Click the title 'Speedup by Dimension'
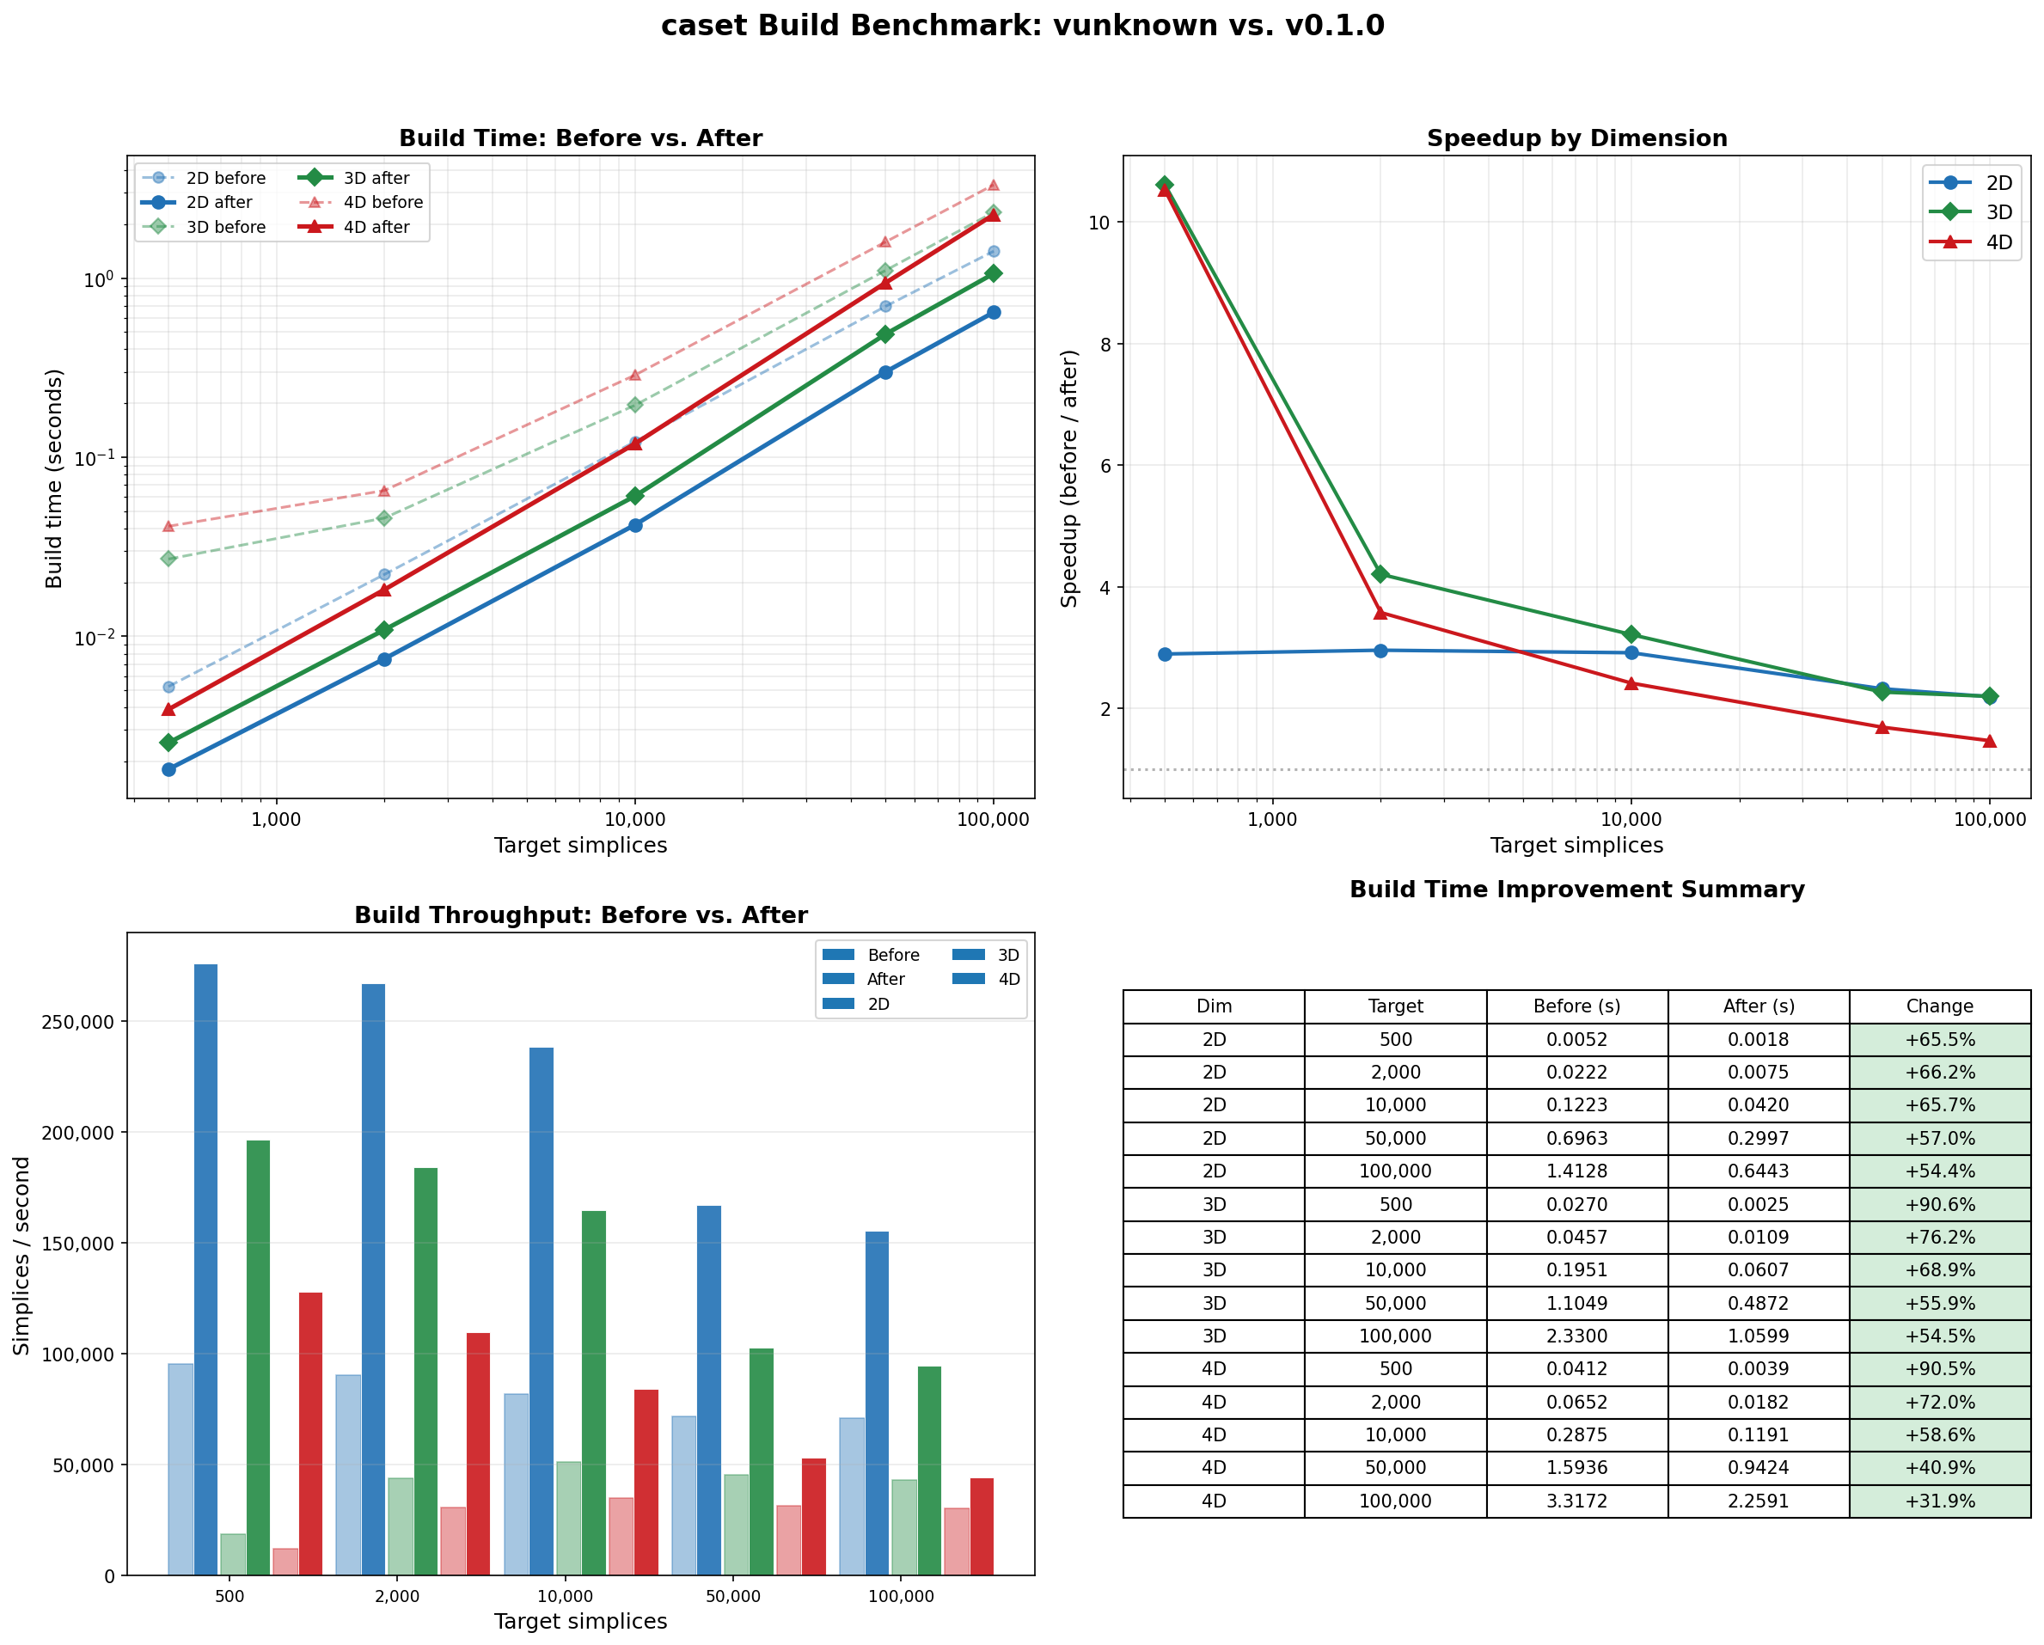pos(1576,138)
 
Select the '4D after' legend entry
pos(376,228)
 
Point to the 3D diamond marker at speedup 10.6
pos(1164,185)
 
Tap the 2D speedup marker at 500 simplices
pos(1164,654)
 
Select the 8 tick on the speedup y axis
pos(1105,344)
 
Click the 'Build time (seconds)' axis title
pos(54,478)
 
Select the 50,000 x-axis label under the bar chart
pos(733,1597)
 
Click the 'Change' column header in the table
pos(1939,1006)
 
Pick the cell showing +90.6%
pos(1939,1204)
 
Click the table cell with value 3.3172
pos(1576,1501)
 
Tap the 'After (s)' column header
pos(1758,1006)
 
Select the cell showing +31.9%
pos(1939,1501)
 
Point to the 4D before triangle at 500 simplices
pos(168,526)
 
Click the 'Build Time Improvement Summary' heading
pos(1576,890)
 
